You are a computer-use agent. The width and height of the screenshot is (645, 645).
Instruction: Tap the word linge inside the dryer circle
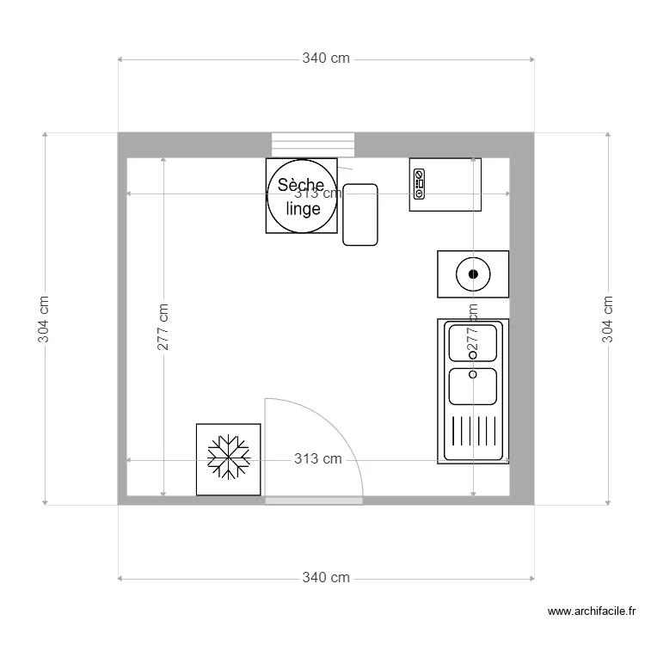click(303, 208)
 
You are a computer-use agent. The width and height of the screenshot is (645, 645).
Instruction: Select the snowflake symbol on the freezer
click(229, 458)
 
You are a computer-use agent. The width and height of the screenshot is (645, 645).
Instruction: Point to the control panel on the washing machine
click(419, 184)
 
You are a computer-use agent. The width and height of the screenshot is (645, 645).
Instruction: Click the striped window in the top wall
click(313, 144)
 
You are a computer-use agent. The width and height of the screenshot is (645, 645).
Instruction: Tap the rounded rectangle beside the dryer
click(360, 214)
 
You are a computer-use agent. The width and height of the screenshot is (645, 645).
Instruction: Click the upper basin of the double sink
click(473, 343)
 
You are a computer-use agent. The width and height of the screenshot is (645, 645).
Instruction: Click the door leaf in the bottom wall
click(313, 500)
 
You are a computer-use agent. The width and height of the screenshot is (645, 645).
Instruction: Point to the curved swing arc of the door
click(340, 430)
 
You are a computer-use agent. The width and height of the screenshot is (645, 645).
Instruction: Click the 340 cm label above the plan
click(326, 58)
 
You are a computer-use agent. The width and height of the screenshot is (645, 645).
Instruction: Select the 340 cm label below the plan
click(326, 577)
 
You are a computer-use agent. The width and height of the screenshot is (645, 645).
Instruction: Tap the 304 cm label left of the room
click(44, 319)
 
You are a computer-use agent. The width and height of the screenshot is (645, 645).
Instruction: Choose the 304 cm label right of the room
click(608, 319)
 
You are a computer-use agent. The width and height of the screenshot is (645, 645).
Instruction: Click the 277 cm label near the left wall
click(163, 327)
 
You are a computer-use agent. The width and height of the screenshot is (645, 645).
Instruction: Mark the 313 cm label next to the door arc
click(317, 459)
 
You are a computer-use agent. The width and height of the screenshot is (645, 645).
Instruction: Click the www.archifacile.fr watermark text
click(592, 611)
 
